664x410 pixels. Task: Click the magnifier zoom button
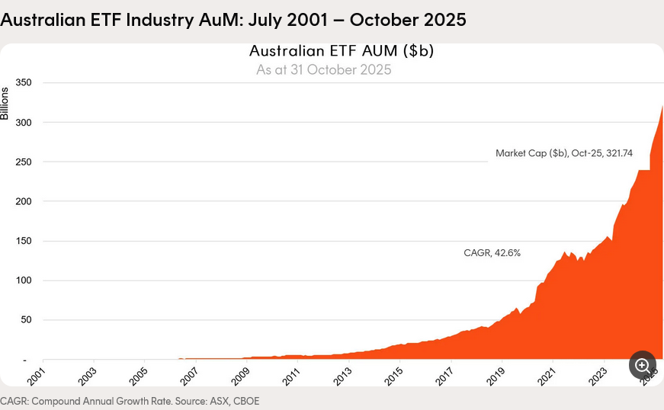(642, 365)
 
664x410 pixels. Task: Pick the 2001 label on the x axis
(36, 375)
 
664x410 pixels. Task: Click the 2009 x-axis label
(240, 375)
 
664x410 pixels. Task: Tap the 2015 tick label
(393, 375)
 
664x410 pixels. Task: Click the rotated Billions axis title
(5, 104)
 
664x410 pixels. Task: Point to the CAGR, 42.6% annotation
(492, 253)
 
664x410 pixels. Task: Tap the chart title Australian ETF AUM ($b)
(341, 51)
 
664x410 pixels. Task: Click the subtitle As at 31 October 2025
(323, 70)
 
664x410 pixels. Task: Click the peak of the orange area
(662, 107)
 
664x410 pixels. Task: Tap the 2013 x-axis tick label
(342, 375)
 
